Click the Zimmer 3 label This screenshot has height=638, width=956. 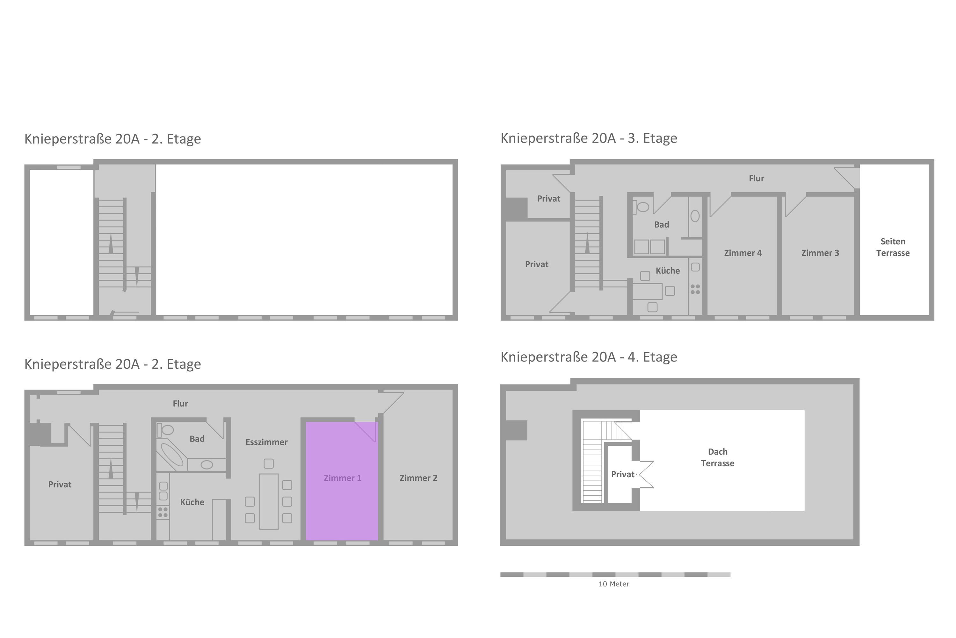point(820,253)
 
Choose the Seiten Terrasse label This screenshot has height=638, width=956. point(893,247)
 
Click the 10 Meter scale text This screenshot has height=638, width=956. point(614,584)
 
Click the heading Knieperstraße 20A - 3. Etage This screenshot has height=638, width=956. point(589,138)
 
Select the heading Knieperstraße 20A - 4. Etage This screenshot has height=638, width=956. point(589,357)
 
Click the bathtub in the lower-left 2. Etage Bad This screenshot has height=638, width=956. point(172,454)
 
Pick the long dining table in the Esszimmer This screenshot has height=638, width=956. point(269,501)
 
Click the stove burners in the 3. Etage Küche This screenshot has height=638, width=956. point(695,289)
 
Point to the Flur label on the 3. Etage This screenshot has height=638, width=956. point(757,178)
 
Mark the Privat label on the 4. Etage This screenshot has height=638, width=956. point(623,474)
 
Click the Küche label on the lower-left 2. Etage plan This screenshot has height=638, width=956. point(192,502)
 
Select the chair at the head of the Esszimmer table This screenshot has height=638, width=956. point(269,464)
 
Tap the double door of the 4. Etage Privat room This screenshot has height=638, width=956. point(646,474)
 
